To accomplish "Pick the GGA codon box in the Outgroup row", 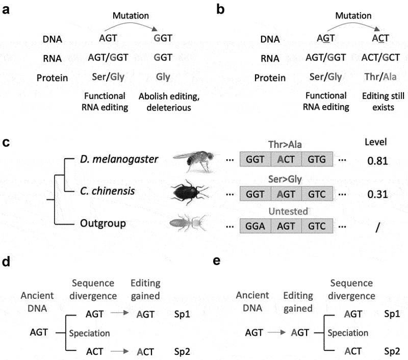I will coord(256,225).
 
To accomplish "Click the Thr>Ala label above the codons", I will coord(286,145).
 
